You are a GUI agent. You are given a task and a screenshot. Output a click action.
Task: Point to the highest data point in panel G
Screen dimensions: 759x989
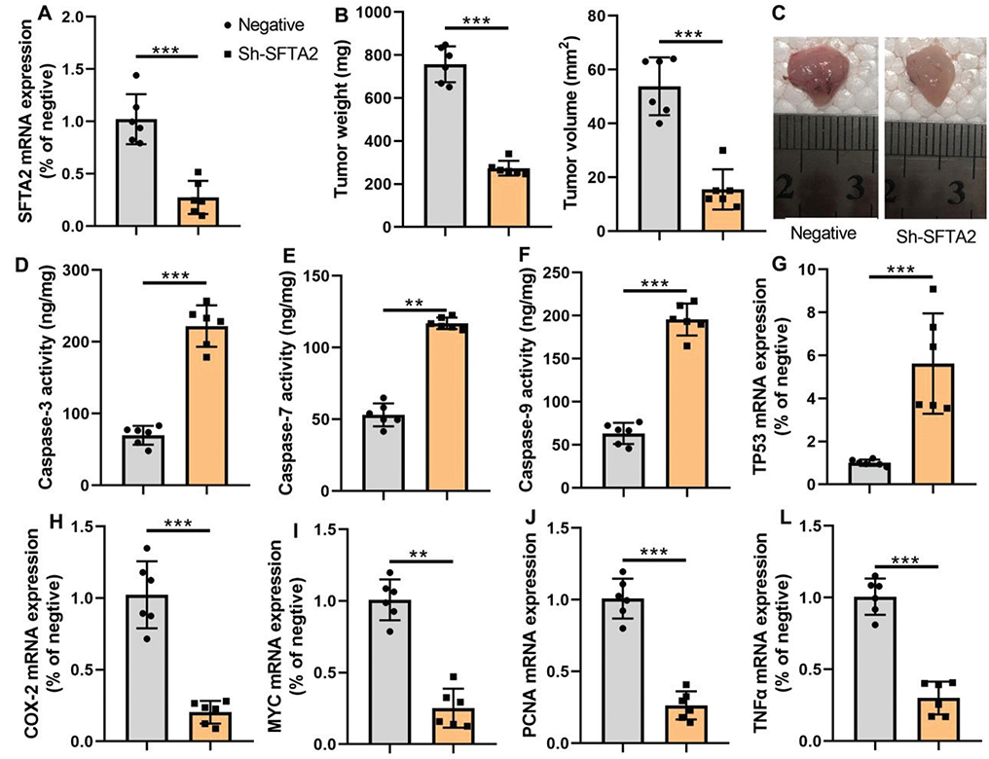[933, 290]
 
